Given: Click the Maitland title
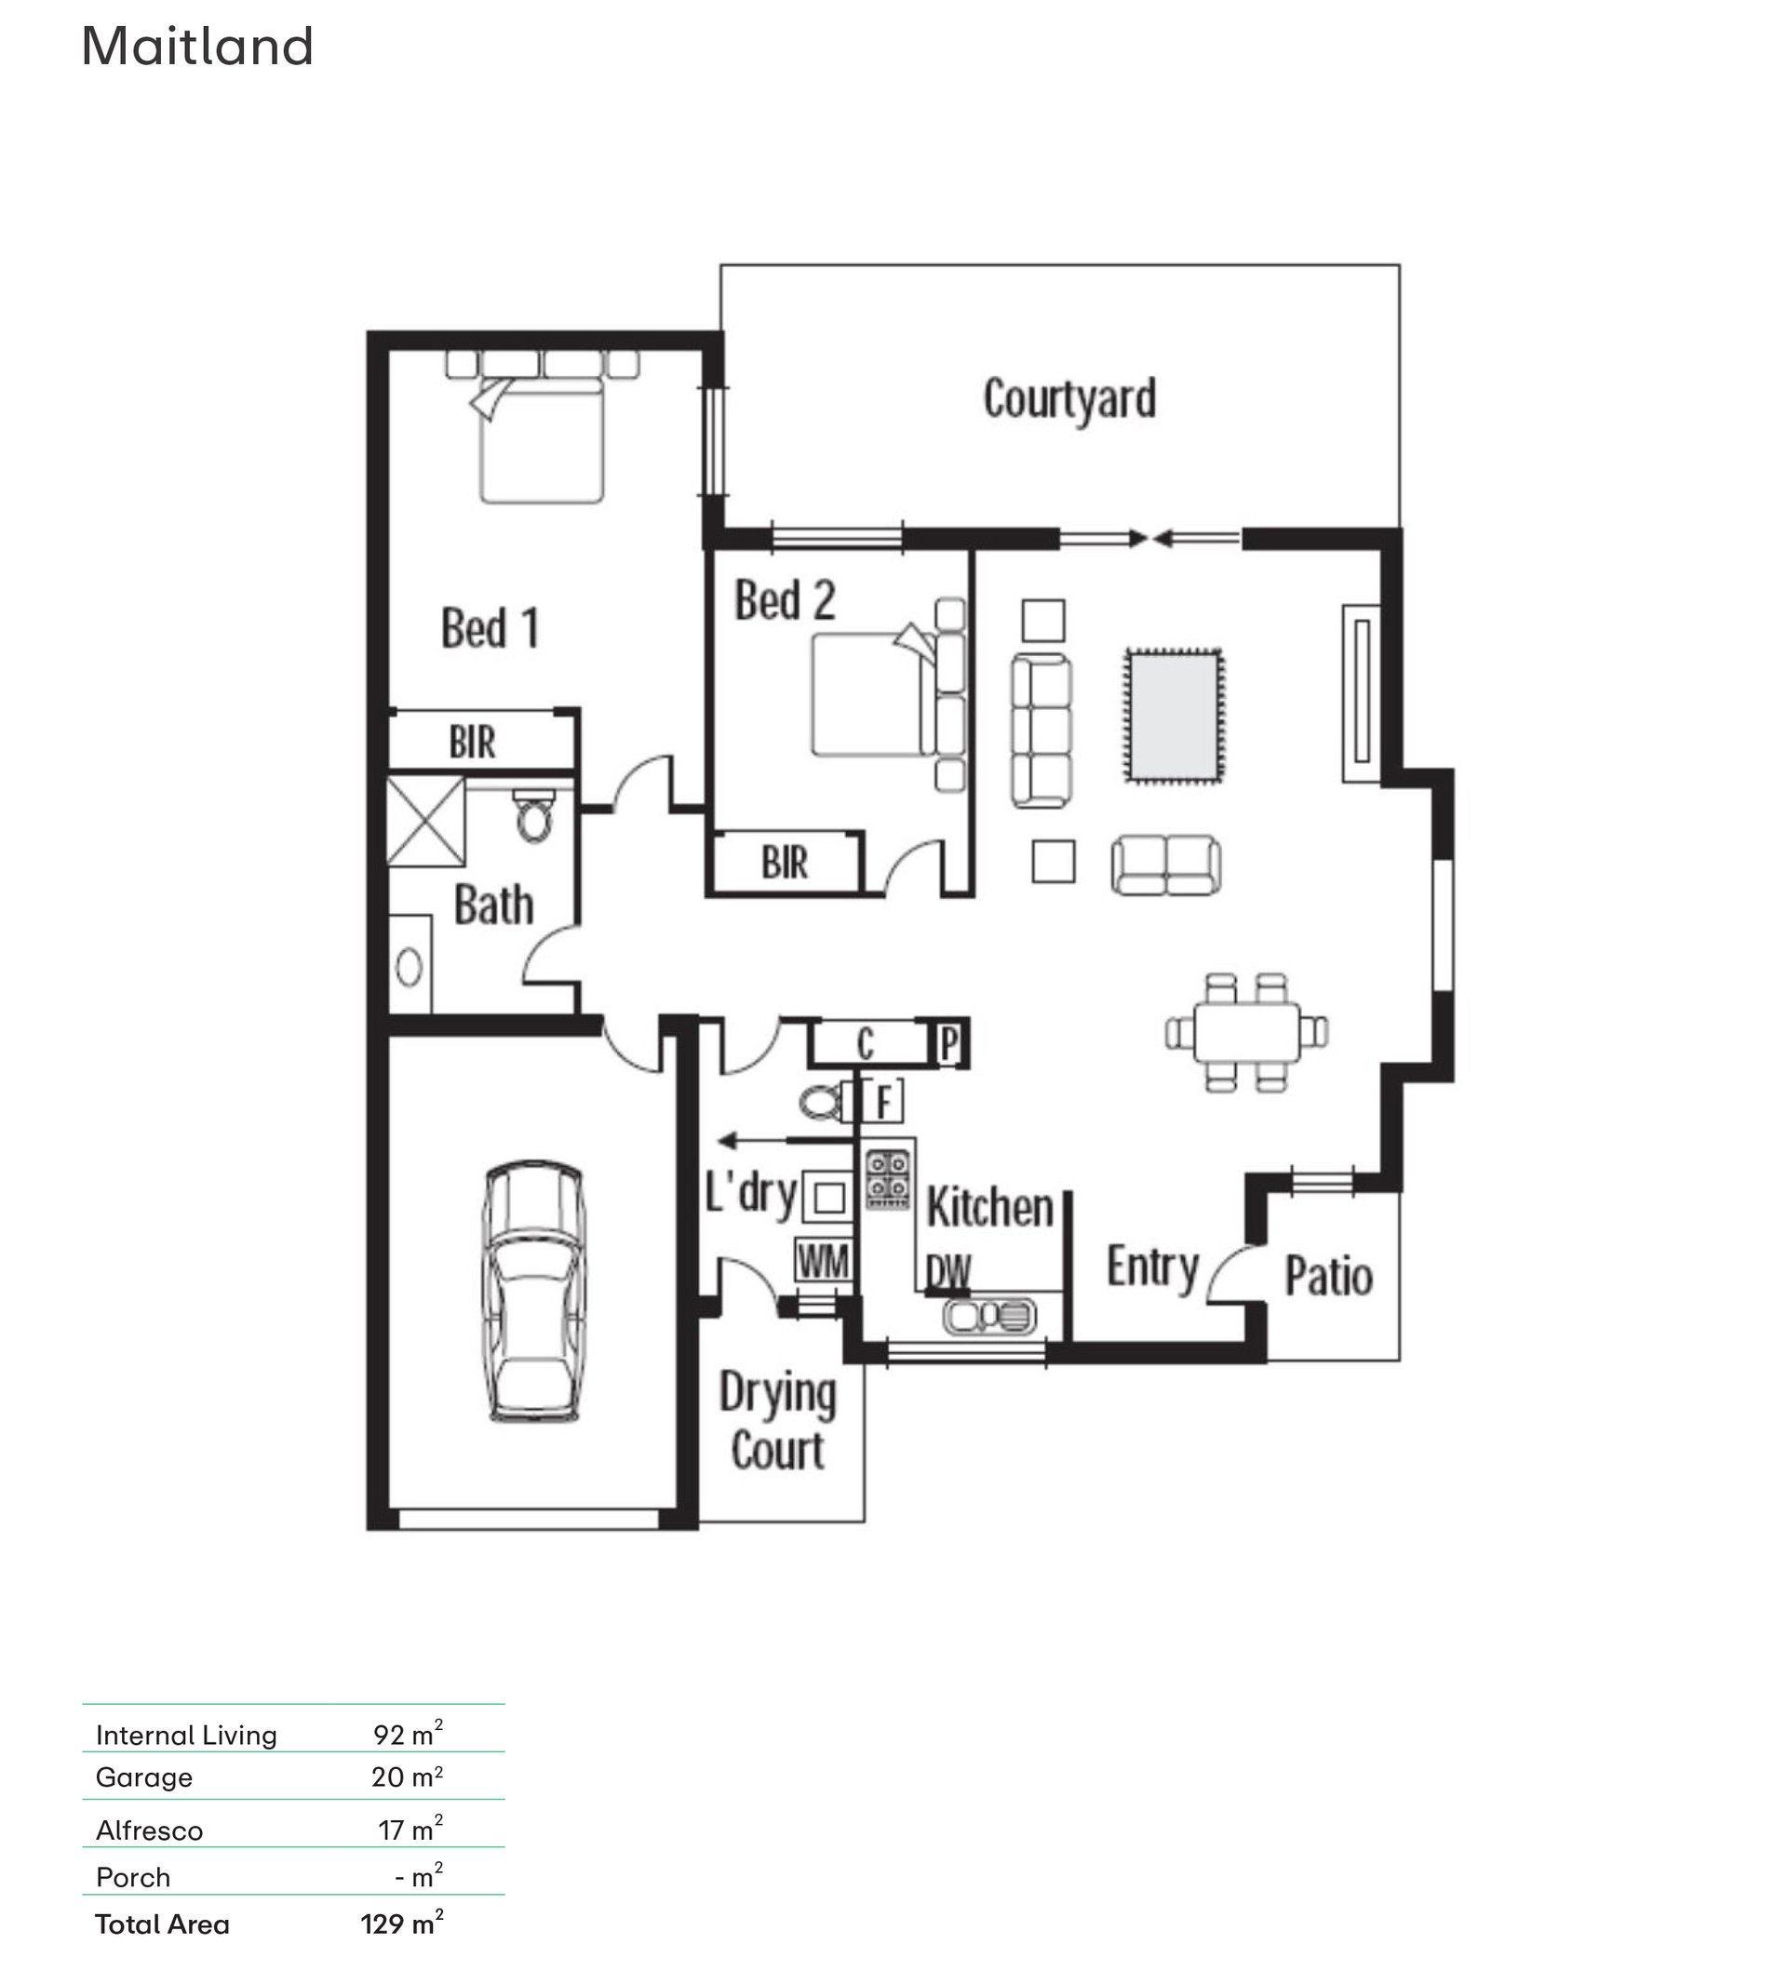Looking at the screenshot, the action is [197, 46].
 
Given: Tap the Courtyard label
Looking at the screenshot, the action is [1069, 400].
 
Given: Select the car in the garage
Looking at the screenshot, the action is [533, 1292].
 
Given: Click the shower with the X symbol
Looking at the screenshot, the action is [426, 821].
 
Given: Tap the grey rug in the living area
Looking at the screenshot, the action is [1173, 715].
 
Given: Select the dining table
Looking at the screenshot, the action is [1246, 1031].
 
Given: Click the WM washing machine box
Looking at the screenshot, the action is [823, 1261].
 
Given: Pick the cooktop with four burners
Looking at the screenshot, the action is [888, 1176].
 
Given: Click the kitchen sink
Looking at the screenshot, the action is [989, 1316].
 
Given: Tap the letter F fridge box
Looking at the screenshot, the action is [883, 1101].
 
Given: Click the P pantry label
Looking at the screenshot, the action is [948, 1044].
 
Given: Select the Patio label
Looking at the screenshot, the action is [1328, 1277].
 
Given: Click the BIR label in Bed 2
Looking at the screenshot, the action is [785, 864].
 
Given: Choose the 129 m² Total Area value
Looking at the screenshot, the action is [402, 1924].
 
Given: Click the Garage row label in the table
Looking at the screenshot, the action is [143, 1777].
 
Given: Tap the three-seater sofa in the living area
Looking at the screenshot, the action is [1041, 731].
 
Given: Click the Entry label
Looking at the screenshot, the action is [1152, 1268].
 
